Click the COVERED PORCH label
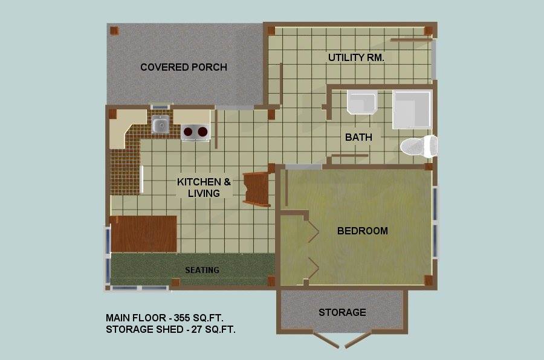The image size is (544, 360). (x=184, y=67)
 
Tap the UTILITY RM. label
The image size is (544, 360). (x=356, y=57)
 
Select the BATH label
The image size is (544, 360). (x=358, y=137)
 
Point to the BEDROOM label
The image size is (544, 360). (x=363, y=231)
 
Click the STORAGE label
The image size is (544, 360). (x=342, y=312)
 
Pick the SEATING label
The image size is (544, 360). (x=202, y=270)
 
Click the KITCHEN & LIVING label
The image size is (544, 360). (x=204, y=187)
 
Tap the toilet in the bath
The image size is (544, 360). (x=419, y=146)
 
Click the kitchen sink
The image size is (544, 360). (x=160, y=124)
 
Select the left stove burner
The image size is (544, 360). (x=188, y=132)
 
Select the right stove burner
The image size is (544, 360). (x=202, y=132)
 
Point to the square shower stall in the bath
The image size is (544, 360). (x=412, y=109)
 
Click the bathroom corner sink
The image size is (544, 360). (x=362, y=102)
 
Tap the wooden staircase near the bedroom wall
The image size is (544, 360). (x=257, y=188)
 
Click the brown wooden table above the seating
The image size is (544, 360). (x=143, y=234)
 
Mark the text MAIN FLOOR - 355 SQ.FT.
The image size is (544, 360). (x=164, y=318)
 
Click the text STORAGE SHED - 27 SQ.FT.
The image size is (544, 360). (x=170, y=329)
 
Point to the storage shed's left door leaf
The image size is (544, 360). (x=326, y=340)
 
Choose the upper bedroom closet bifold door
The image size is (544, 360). (x=313, y=231)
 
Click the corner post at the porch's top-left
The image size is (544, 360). (x=114, y=31)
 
